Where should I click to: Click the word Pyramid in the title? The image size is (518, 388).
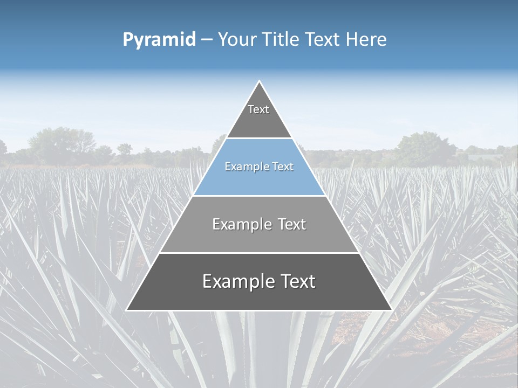[159, 40]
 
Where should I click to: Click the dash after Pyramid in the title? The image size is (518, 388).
[206, 40]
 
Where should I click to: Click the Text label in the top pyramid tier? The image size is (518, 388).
[258, 109]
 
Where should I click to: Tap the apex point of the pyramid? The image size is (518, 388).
[259, 81]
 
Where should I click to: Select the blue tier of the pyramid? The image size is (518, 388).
[259, 178]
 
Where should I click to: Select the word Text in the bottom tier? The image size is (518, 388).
[298, 281]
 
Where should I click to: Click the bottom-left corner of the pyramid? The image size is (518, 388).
[127, 310]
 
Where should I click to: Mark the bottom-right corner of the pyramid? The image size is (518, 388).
[391, 310]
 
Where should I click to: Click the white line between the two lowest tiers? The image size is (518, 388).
[259, 253]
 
